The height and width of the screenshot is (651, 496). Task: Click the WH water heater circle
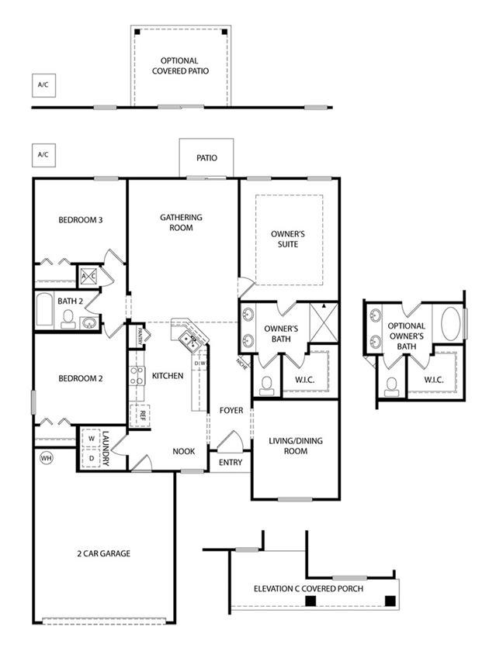pyautogui.click(x=46, y=458)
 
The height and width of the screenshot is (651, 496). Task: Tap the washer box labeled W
pyautogui.click(x=91, y=439)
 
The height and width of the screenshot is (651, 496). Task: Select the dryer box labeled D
pyautogui.click(x=91, y=458)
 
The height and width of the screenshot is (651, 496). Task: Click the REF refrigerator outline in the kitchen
pyautogui.click(x=140, y=415)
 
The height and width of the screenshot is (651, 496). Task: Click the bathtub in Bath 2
pyautogui.click(x=44, y=309)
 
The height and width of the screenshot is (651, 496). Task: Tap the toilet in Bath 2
pyautogui.click(x=68, y=319)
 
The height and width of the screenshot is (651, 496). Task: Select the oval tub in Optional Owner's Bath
pyautogui.click(x=450, y=324)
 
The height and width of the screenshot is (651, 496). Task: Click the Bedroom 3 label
pyautogui.click(x=80, y=220)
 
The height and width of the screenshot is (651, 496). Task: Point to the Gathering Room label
pyautogui.click(x=181, y=222)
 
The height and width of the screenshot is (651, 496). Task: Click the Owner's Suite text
pyautogui.click(x=288, y=239)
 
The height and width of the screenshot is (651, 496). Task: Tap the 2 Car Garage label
pyautogui.click(x=103, y=553)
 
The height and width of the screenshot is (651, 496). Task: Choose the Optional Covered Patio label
pyautogui.click(x=180, y=66)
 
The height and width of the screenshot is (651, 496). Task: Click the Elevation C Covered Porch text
pyautogui.click(x=308, y=589)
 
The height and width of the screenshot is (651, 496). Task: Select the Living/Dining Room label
pyautogui.click(x=296, y=446)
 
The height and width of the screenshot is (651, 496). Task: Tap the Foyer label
pyautogui.click(x=231, y=411)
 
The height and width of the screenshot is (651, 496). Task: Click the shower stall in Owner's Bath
pyautogui.click(x=324, y=322)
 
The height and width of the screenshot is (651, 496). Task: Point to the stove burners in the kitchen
pyautogui.click(x=137, y=376)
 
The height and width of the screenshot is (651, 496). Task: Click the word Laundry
pyautogui.click(x=106, y=449)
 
